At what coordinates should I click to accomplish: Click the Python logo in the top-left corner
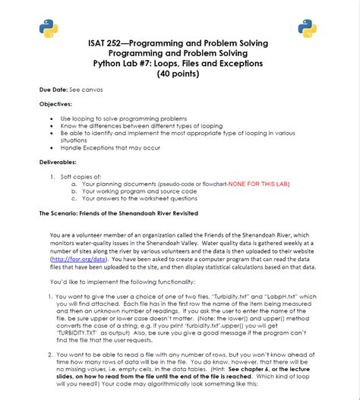(x=48, y=28)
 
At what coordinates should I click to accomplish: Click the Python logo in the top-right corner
(x=307, y=28)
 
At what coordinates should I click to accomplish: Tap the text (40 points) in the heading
(x=178, y=74)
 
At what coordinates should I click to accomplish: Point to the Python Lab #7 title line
(x=178, y=65)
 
